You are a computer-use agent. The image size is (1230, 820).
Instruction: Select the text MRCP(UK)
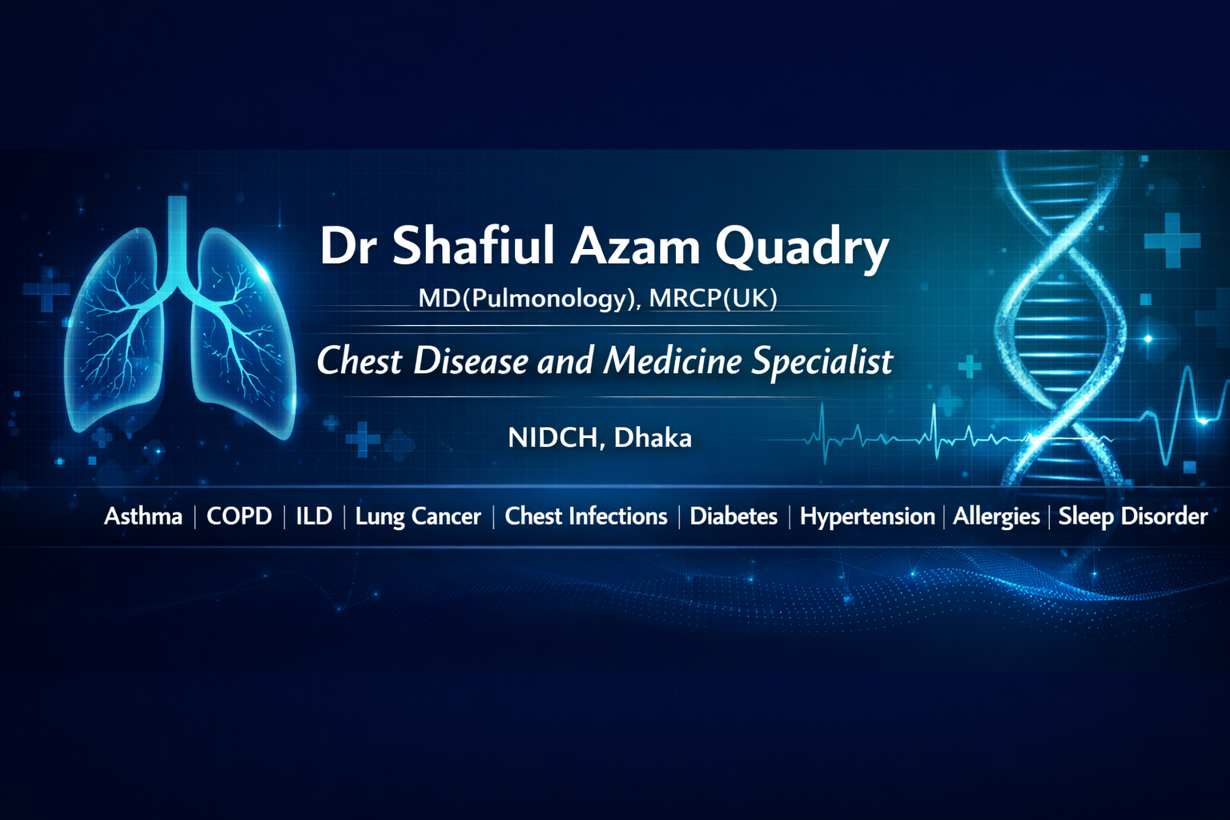713,298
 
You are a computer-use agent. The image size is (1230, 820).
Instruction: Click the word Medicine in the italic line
673,360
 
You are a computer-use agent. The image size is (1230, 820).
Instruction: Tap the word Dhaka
653,438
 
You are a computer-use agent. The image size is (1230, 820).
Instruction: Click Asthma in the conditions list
143,517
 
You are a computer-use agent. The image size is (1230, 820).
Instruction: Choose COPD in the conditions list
239,517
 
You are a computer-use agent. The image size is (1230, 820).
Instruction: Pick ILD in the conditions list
314,517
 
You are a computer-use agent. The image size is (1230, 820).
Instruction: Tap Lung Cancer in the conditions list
418,517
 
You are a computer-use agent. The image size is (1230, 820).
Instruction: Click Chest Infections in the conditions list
586,517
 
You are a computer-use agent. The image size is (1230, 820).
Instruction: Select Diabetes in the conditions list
734,517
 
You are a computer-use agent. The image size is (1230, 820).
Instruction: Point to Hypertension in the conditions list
867,517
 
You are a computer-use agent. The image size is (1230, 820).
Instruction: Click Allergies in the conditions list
996,517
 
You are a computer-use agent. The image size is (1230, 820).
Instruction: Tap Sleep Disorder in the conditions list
1133,517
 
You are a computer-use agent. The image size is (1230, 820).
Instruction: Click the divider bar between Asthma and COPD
195,517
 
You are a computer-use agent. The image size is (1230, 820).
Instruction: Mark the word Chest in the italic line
360,361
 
